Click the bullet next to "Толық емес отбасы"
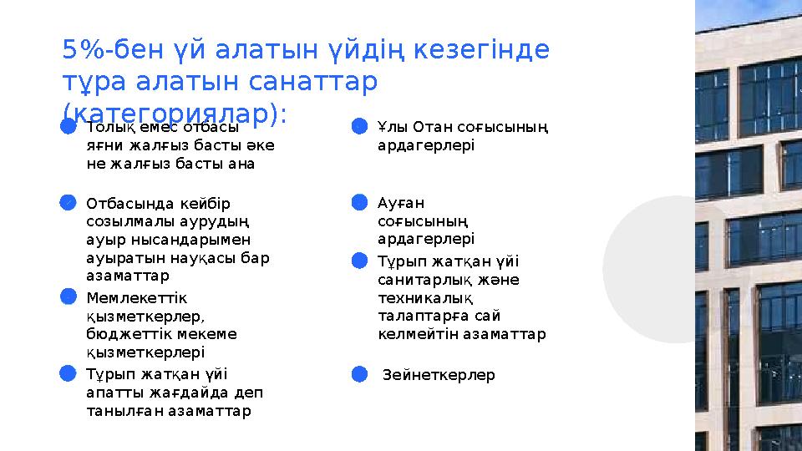pos(69,127)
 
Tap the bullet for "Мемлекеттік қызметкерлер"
pos(69,296)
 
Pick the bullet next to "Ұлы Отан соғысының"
pos(359,127)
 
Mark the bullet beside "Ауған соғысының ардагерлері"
pos(359,202)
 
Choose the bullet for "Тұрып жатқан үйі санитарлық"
pos(359,261)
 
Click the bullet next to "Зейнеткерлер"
pos(359,374)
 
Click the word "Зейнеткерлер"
pos(439,375)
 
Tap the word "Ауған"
pos(401,203)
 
